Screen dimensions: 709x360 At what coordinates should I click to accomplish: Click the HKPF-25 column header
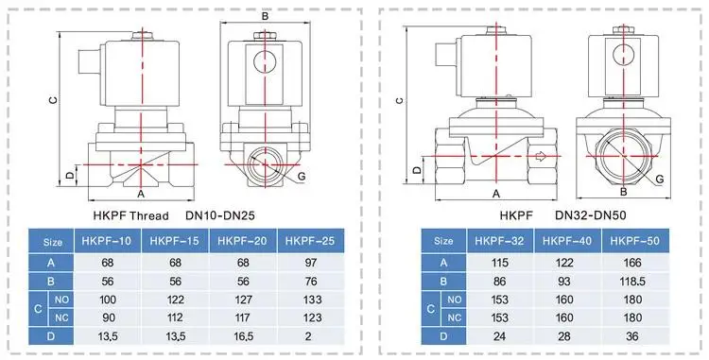click(310, 241)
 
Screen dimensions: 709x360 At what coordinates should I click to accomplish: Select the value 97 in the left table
click(311, 263)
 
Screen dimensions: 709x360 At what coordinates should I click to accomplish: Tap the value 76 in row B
click(311, 281)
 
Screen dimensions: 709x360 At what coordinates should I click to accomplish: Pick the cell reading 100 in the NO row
click(107, 300)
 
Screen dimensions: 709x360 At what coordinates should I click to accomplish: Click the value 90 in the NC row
click(107, 318)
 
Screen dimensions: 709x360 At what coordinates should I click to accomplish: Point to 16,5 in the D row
click(243, 336)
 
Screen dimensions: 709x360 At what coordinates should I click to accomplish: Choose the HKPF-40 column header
click(567, 241)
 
